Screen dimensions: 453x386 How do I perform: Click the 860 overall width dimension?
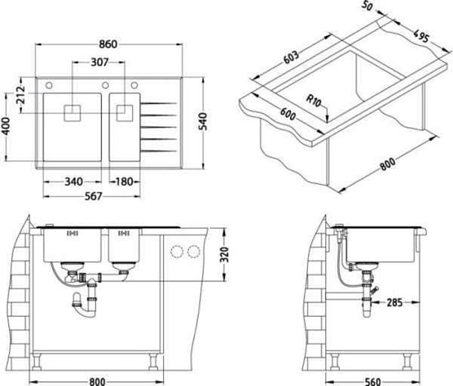click(108, 44)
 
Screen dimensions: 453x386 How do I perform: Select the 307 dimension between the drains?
click(100, 62)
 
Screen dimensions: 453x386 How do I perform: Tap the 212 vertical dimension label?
click(20, 95)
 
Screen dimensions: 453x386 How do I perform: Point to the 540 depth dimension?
click(203, 121)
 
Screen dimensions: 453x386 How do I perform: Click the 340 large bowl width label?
click(74, 182)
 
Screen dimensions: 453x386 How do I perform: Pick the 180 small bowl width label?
click(125, 182)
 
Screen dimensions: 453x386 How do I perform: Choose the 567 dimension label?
click(94, 197)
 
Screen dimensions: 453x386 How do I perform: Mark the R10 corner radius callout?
click(313, 101)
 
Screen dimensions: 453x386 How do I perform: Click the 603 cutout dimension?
click(291, 57)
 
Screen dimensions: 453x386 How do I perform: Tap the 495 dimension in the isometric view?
click(421, 35)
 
